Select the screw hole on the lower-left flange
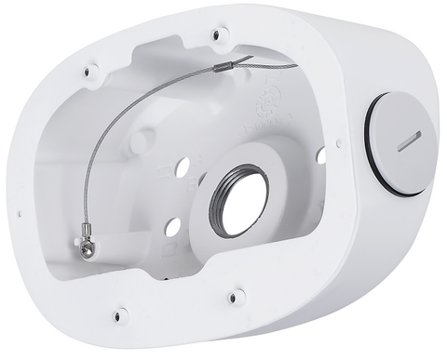pos(119,314)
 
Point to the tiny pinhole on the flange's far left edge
pos(20,213)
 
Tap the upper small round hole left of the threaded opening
pos(183,166)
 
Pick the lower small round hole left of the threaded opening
pos(172,226)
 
